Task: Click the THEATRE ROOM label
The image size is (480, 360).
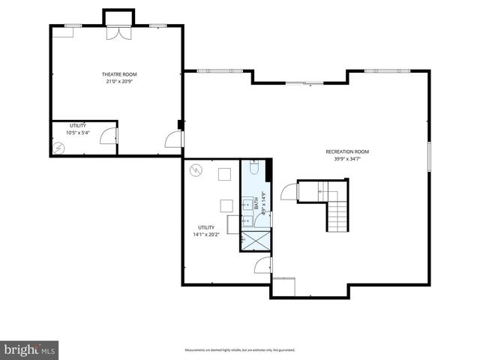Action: click(x=119, y=74)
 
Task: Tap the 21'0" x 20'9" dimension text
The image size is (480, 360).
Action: click(x=119, y=81)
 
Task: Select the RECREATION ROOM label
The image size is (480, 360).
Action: click(x=346, y=151)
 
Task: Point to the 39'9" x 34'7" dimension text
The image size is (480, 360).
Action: click(x=346, y=158)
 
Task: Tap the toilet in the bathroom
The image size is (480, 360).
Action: click(x=253, y=170)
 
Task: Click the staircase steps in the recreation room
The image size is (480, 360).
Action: click(x=339, y=214)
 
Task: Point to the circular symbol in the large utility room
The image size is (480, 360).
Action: click(x=196, y=170)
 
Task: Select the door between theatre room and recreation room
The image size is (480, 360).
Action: click(x=174, y=138)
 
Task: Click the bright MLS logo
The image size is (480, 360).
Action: click(x=29, y=349)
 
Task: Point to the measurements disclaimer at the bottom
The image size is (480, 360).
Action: click(x=240, y=349)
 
